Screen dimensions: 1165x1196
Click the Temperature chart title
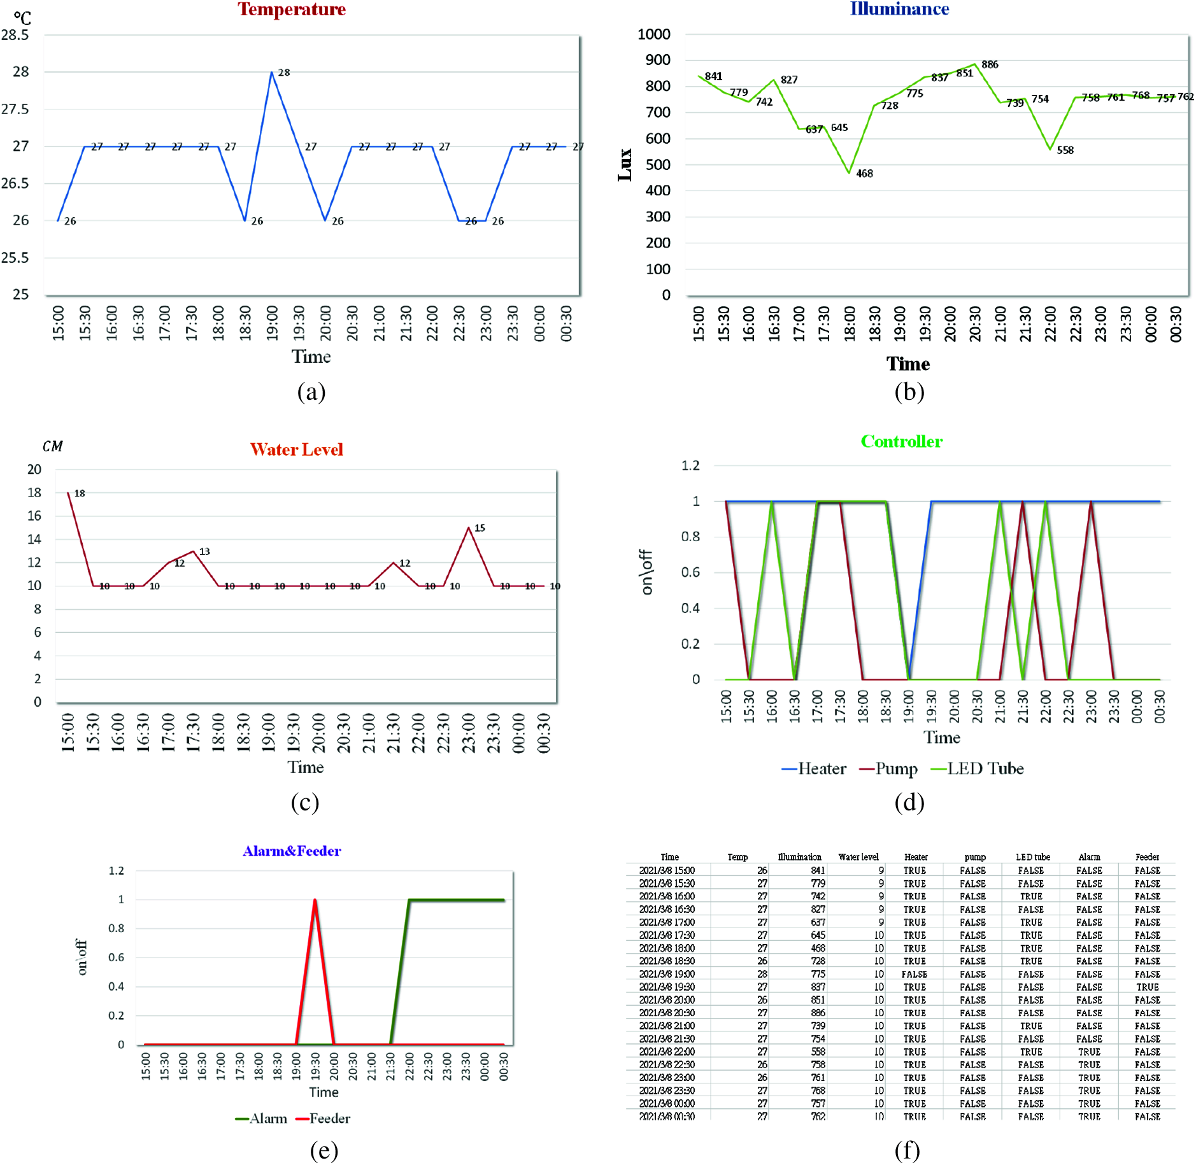click(292, 9)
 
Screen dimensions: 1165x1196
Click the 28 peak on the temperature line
click(273, 72)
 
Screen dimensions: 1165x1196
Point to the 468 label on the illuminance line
click(864, 173)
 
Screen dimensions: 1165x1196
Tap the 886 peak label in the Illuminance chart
click(990, 64)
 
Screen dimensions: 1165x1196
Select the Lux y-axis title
click(625, 165)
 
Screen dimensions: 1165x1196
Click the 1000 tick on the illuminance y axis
click(654, 34)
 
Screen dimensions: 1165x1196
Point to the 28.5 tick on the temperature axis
click(15, 35)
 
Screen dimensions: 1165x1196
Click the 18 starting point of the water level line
click(69, 493)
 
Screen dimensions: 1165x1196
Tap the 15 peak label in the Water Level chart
click(480, 528)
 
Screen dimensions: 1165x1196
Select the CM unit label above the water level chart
click(52, 447)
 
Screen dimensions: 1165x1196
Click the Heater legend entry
click(814, 768)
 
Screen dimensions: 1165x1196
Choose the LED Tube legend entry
click(978, 768)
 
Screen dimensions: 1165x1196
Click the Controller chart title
click(901, 441)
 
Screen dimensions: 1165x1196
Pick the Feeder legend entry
click(324, 1118)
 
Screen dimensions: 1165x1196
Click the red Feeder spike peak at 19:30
click(315, 900)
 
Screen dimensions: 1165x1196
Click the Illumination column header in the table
click(799, 857)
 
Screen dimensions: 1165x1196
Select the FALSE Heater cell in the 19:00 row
click(914, 974)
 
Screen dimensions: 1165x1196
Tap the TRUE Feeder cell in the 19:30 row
click(1147, 987)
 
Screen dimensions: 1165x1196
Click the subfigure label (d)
click(909, 802)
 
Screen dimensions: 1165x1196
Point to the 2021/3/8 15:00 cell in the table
click(667, 870)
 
